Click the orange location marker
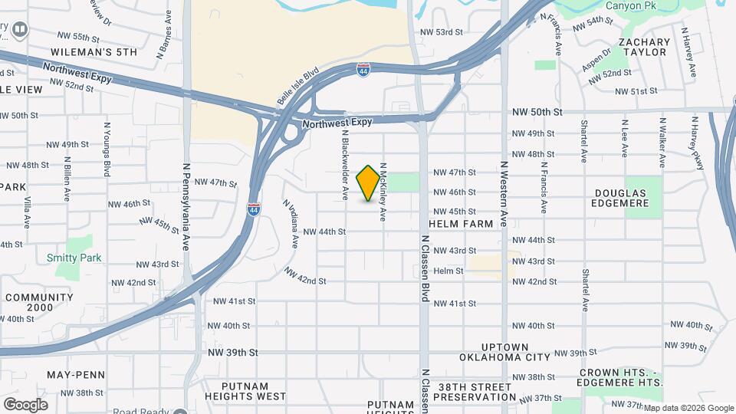(369, 182)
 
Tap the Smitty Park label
(74, 258)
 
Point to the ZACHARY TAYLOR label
(644, 47)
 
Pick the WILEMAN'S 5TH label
(94, 52)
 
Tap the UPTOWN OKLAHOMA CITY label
(505, 352)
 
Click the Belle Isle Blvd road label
(297, 89)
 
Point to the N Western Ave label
(504, 193)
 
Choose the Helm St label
(449, 271)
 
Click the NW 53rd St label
(442, 32)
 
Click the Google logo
(25, 405)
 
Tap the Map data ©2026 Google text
(688, 408)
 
